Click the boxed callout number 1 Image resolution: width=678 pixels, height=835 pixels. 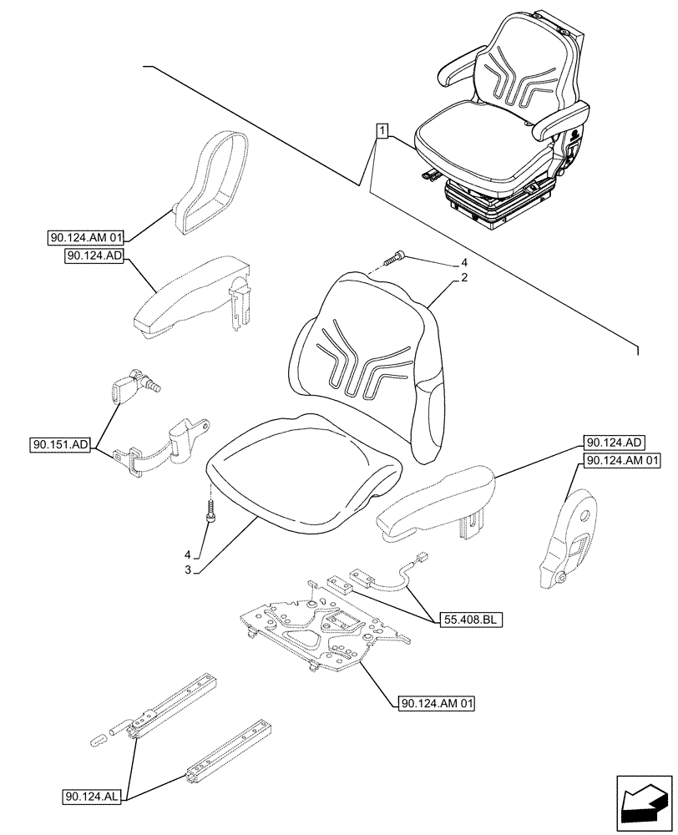[381, 131]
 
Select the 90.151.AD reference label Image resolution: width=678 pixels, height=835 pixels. [63, 445]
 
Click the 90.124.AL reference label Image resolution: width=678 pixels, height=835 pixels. [92, 797]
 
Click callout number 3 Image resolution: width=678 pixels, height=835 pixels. [189, 569]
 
